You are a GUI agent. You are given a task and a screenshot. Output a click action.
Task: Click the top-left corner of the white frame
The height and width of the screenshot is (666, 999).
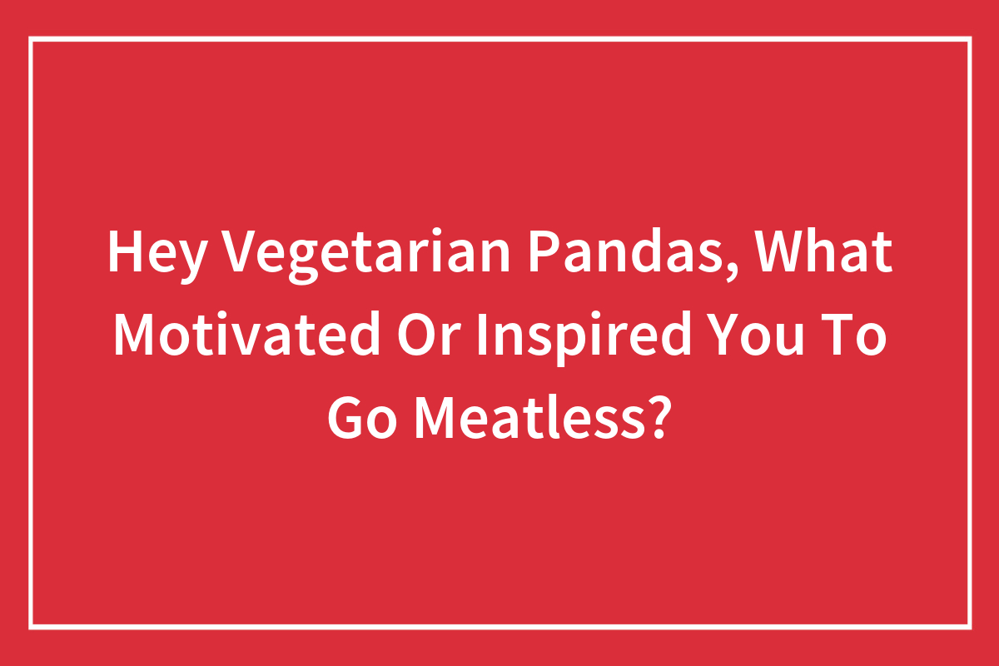31,38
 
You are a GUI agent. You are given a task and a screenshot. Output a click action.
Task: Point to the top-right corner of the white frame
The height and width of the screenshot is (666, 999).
969,38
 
